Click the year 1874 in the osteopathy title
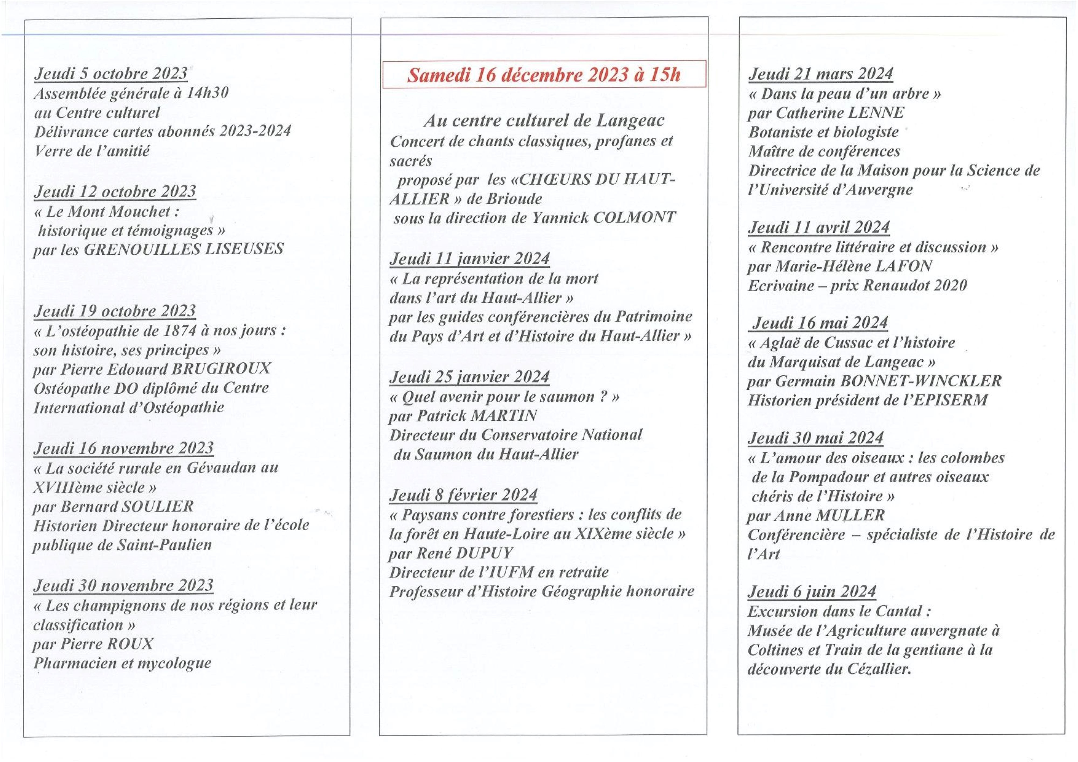pyautogui.click(x=179, y=331)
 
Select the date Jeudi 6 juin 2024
pyautogui.click(x=811, y=591)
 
